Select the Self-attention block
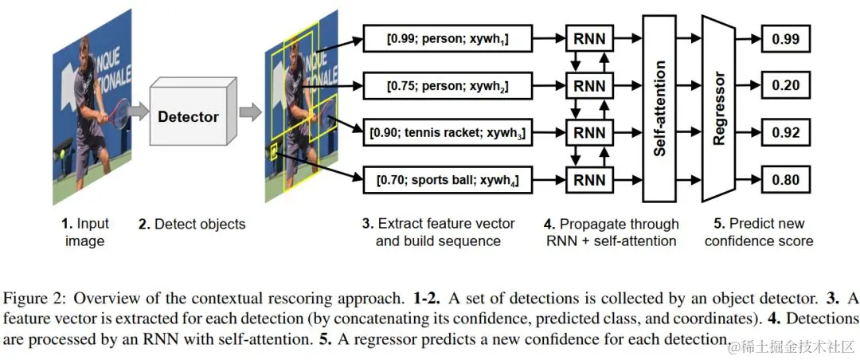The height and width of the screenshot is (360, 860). click(660, 108)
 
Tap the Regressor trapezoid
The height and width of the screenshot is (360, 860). click(718, 108)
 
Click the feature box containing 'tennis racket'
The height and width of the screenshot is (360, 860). click(448, 133)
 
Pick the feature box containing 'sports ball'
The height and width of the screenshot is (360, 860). click(448, 180)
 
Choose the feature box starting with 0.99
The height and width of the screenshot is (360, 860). click(448, 38)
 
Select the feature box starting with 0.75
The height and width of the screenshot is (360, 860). click(448, 85)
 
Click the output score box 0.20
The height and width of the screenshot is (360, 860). click(785, 85)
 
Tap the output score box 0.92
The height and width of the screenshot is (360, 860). click(785, 133)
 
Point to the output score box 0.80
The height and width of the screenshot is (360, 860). click(785, 180)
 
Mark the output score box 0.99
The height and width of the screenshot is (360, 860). click(785, 38)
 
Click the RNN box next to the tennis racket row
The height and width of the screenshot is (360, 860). click(589, 133)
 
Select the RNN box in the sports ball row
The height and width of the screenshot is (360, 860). click(589, 180)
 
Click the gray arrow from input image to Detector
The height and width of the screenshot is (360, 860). click(139, 112)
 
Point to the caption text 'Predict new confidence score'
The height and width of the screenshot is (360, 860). click(759, 232)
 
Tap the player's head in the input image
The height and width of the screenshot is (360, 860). click(85, 48)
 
